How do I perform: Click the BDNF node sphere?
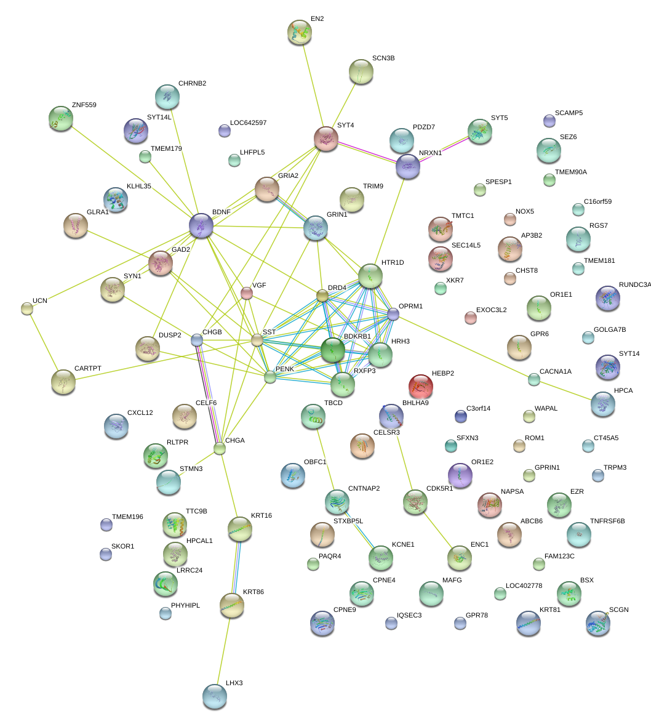[x=201, y=225]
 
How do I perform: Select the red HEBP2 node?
[x=421, y=387]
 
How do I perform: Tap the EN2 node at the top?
[x=300, y=32]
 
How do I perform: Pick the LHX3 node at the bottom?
[x=215, y=696]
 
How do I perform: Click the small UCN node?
[x=26, y=308]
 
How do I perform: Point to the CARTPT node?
[x=63, y=382]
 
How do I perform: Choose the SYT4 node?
[x=325, y=139]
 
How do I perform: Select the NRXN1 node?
[x=408, y=166]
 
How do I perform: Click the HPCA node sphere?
[x=602, y=403]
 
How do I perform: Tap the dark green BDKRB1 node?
[x=333, y=350]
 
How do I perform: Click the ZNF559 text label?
[x=84, y=105]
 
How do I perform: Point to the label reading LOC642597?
[x=248, y=123]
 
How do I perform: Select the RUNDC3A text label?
[x=634, y=285]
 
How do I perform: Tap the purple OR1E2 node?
[x=460, y=475]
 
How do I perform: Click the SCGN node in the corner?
[x=598, y=623]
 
